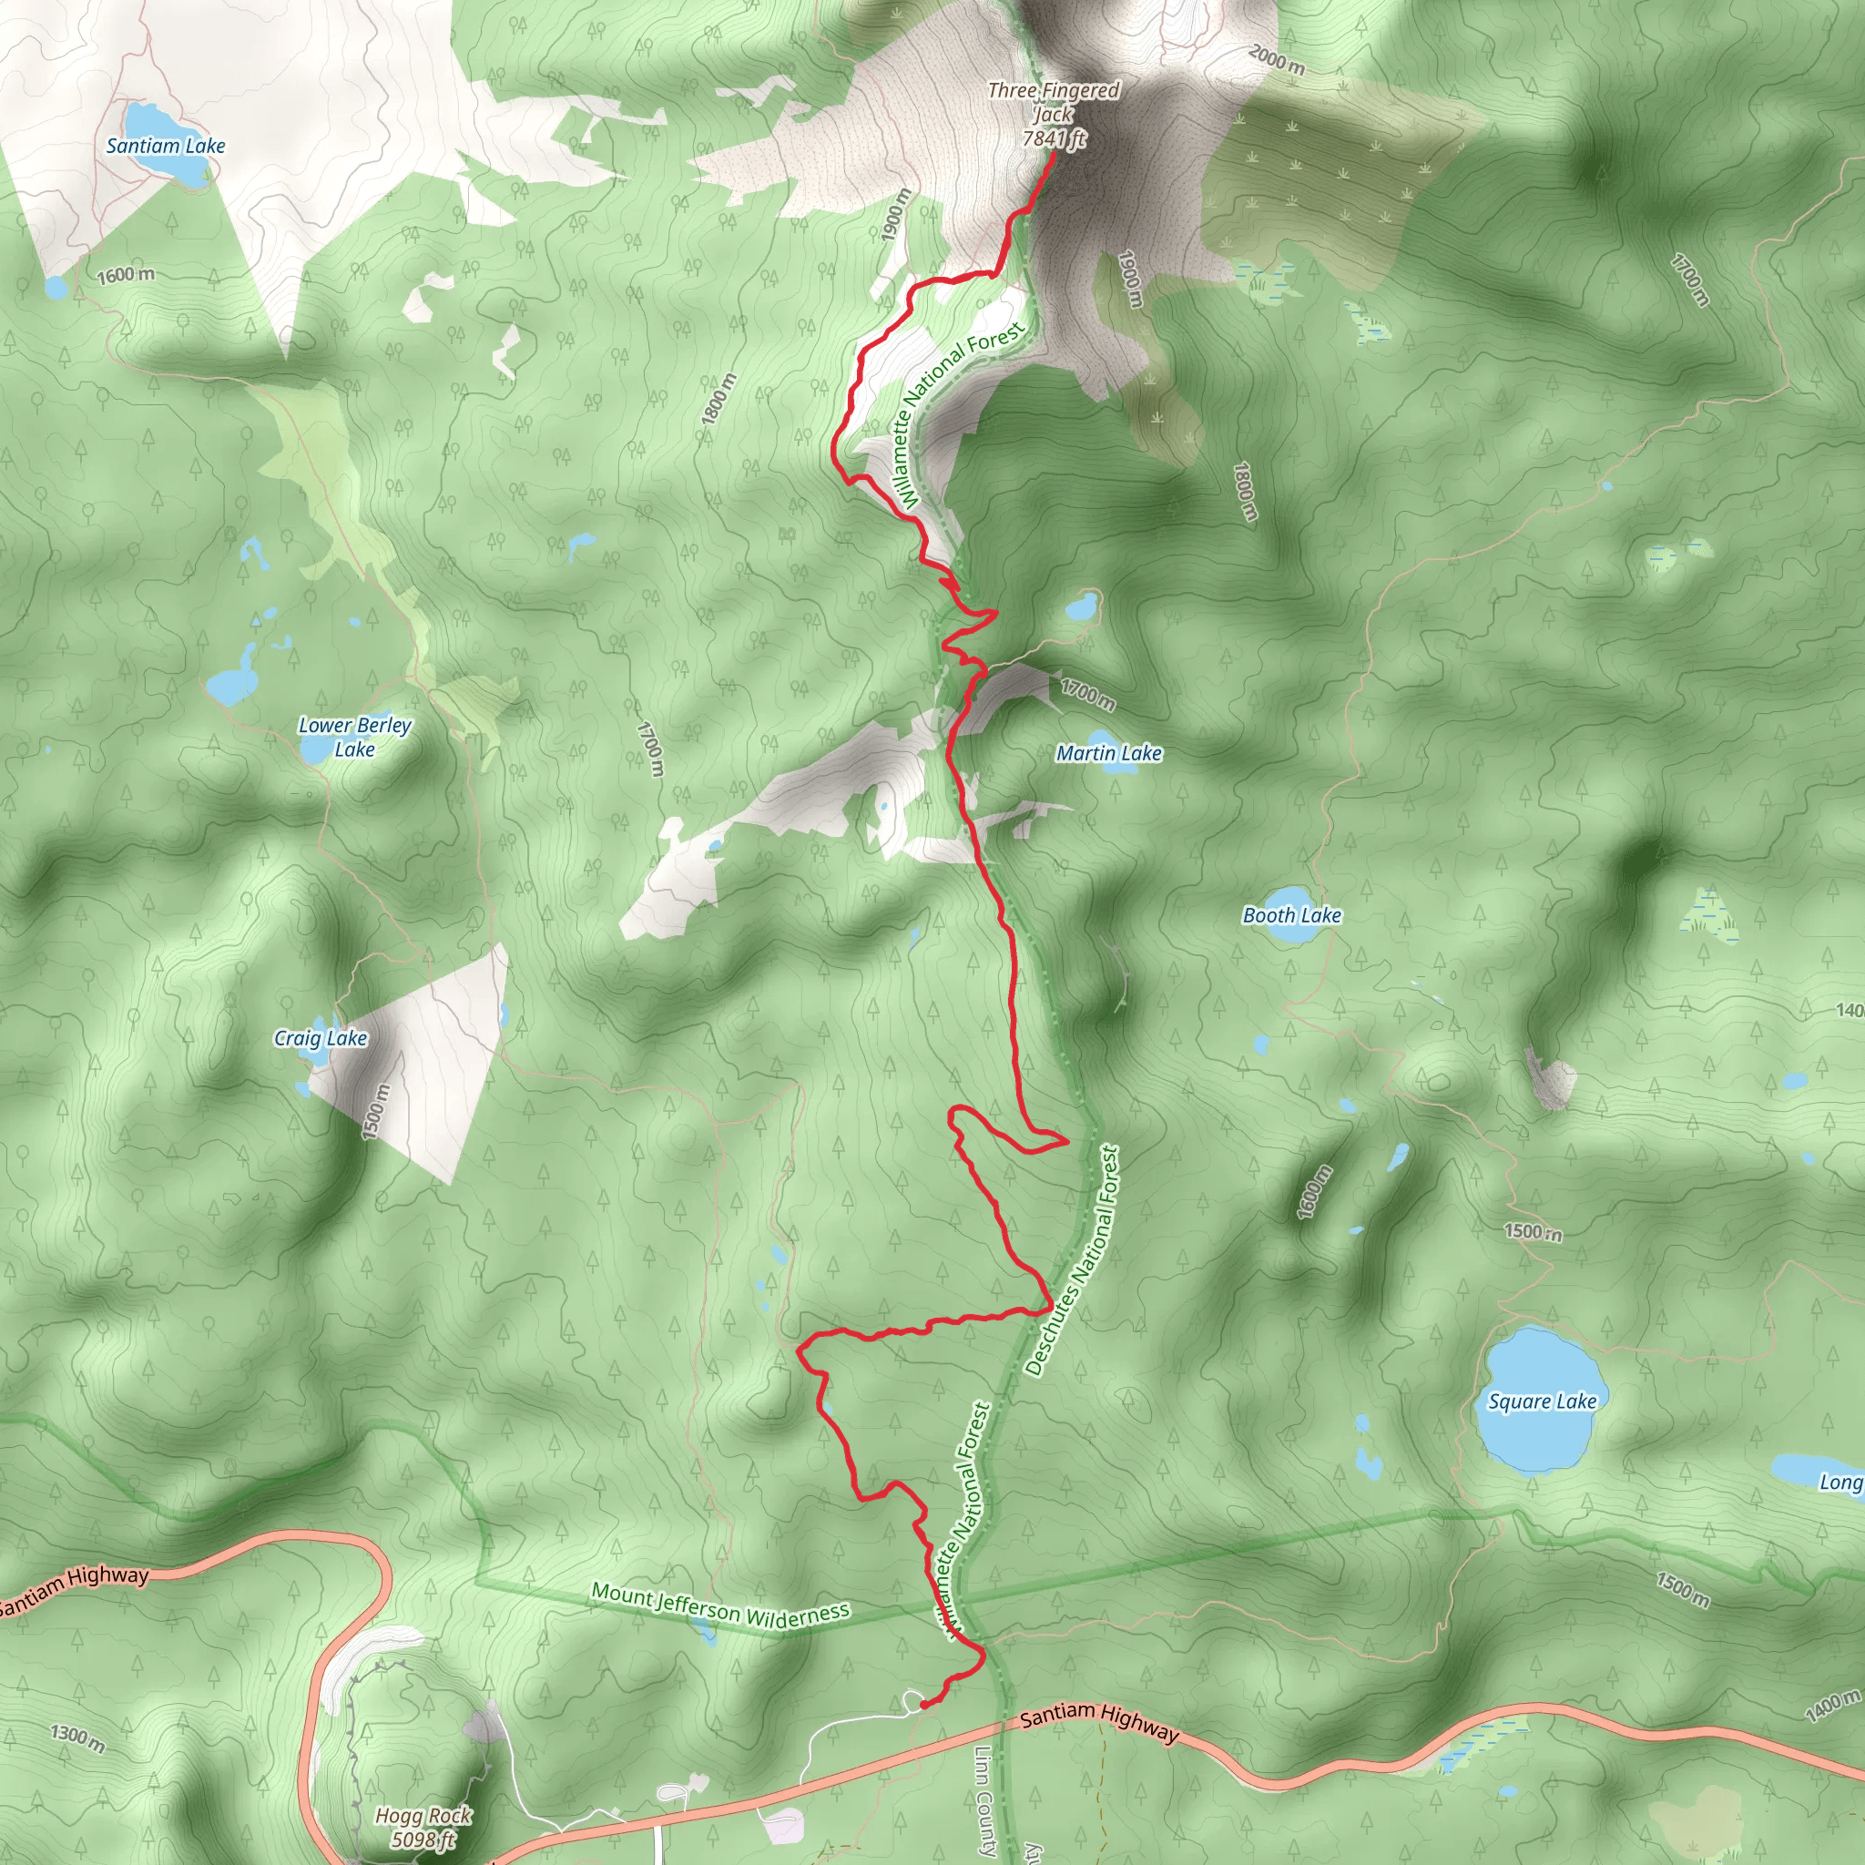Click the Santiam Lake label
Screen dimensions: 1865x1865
point(165,146)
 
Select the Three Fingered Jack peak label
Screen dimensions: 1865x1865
point(1054,114)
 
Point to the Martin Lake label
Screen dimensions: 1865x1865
point(1108,753)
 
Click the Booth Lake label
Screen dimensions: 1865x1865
point(1291,915)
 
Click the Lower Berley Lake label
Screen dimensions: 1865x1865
point(354,737)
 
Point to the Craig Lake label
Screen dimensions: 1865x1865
point(321,1038)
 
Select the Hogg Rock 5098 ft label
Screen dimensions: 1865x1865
point(423,1828)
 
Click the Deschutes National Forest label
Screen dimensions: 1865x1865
point(1072,1259)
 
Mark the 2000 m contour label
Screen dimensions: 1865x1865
point(1276,60)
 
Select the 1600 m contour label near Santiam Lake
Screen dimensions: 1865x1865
point(126,274)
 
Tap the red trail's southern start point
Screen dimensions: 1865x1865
point(923,1705)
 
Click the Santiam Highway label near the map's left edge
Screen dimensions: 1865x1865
point(76,1588)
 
